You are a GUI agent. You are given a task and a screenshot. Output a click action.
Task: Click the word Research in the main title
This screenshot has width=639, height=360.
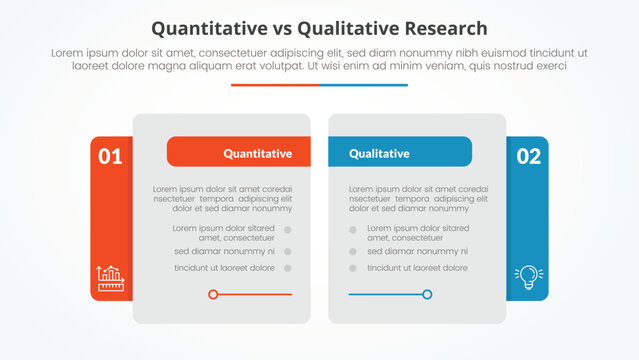[437, 28]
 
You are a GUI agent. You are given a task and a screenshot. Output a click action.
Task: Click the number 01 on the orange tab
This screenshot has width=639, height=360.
[110, 156]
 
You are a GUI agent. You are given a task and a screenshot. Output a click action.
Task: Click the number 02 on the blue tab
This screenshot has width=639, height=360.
[528, 156]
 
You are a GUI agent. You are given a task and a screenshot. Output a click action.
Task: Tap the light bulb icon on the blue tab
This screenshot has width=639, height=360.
[527, 277]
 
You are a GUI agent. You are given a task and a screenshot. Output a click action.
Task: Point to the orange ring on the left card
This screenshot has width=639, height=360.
[213, 294]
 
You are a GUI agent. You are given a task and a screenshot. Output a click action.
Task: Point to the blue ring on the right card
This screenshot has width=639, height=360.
[427, 294]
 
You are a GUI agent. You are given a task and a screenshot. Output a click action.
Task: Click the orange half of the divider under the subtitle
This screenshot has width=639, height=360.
[275, 85]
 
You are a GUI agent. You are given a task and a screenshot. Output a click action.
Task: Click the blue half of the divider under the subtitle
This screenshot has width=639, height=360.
[364, 85]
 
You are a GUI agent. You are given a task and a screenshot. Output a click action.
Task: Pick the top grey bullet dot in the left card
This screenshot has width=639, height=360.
[287, 230]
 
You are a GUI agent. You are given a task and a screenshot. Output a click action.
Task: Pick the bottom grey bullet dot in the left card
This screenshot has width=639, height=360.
[287, 268]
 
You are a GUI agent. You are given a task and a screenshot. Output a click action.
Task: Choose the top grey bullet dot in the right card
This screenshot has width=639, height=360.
[353, 230]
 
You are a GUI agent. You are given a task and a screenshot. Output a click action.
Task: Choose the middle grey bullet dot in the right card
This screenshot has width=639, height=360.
[353, 251]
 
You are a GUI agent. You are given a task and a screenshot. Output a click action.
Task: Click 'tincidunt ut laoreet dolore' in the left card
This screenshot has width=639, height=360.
[224, 268]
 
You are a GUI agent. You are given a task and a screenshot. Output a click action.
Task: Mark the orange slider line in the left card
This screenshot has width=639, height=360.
[255, 294]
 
